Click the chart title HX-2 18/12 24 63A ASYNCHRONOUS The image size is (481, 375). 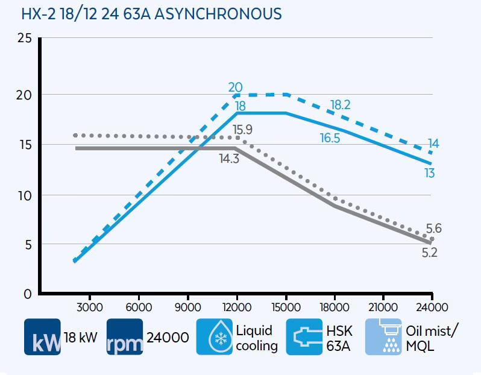[x=151, y=13]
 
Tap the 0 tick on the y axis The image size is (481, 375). [x=27, y=295]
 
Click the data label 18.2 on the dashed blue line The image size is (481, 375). [x=341, y=106]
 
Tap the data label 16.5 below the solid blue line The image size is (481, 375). [x=330, y=138]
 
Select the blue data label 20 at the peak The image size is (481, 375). [x=236, y=87]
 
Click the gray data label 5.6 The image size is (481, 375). [x=433, y=228]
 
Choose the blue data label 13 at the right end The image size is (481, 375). [x=429, y=174]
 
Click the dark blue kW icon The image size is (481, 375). [x=42, y=336]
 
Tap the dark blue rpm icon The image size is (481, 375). [x=125, y=336]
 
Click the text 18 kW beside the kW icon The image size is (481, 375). [x=80, y=338]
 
